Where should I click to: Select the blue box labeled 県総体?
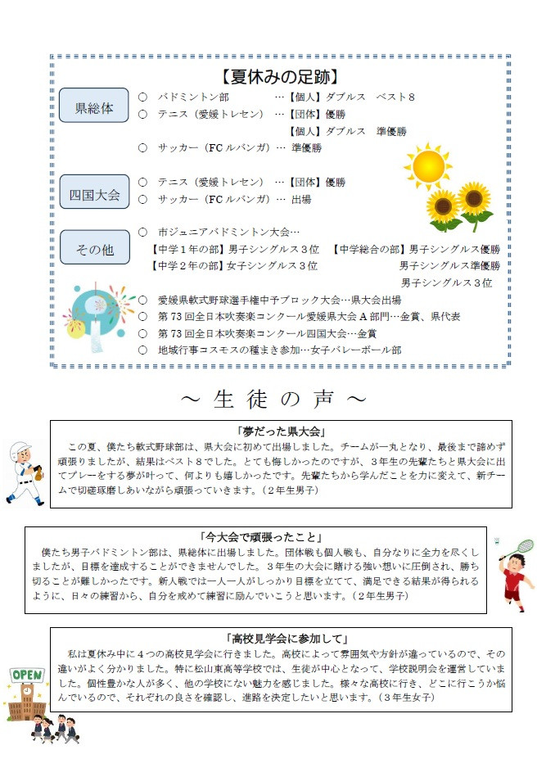click(94, 106)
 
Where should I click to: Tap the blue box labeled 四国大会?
click(94, 194)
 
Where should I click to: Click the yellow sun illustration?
click(427, 166)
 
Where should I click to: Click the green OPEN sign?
click(26, 675)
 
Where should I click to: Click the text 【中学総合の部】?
click(369, 249)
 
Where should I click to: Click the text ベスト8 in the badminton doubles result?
click(395, 97)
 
